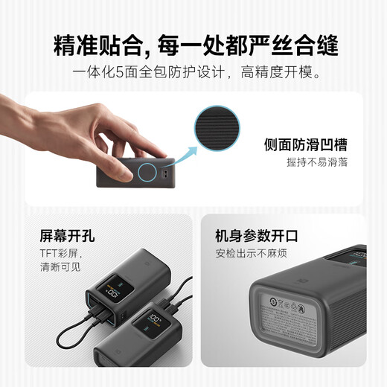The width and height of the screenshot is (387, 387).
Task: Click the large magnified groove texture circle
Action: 218,129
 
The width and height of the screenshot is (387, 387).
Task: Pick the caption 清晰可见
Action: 60,266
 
